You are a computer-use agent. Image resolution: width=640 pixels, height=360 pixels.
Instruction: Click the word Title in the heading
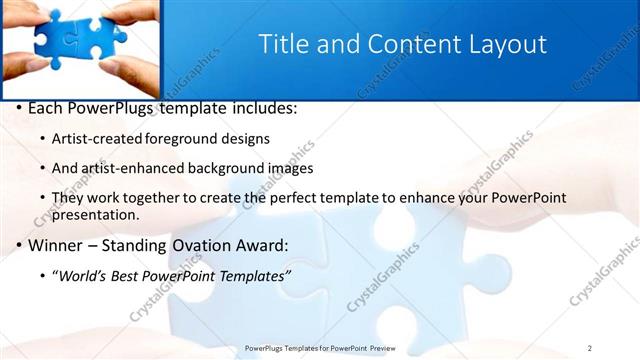[282, 45]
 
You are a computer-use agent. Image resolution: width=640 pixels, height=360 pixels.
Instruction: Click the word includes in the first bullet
[262, 108]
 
